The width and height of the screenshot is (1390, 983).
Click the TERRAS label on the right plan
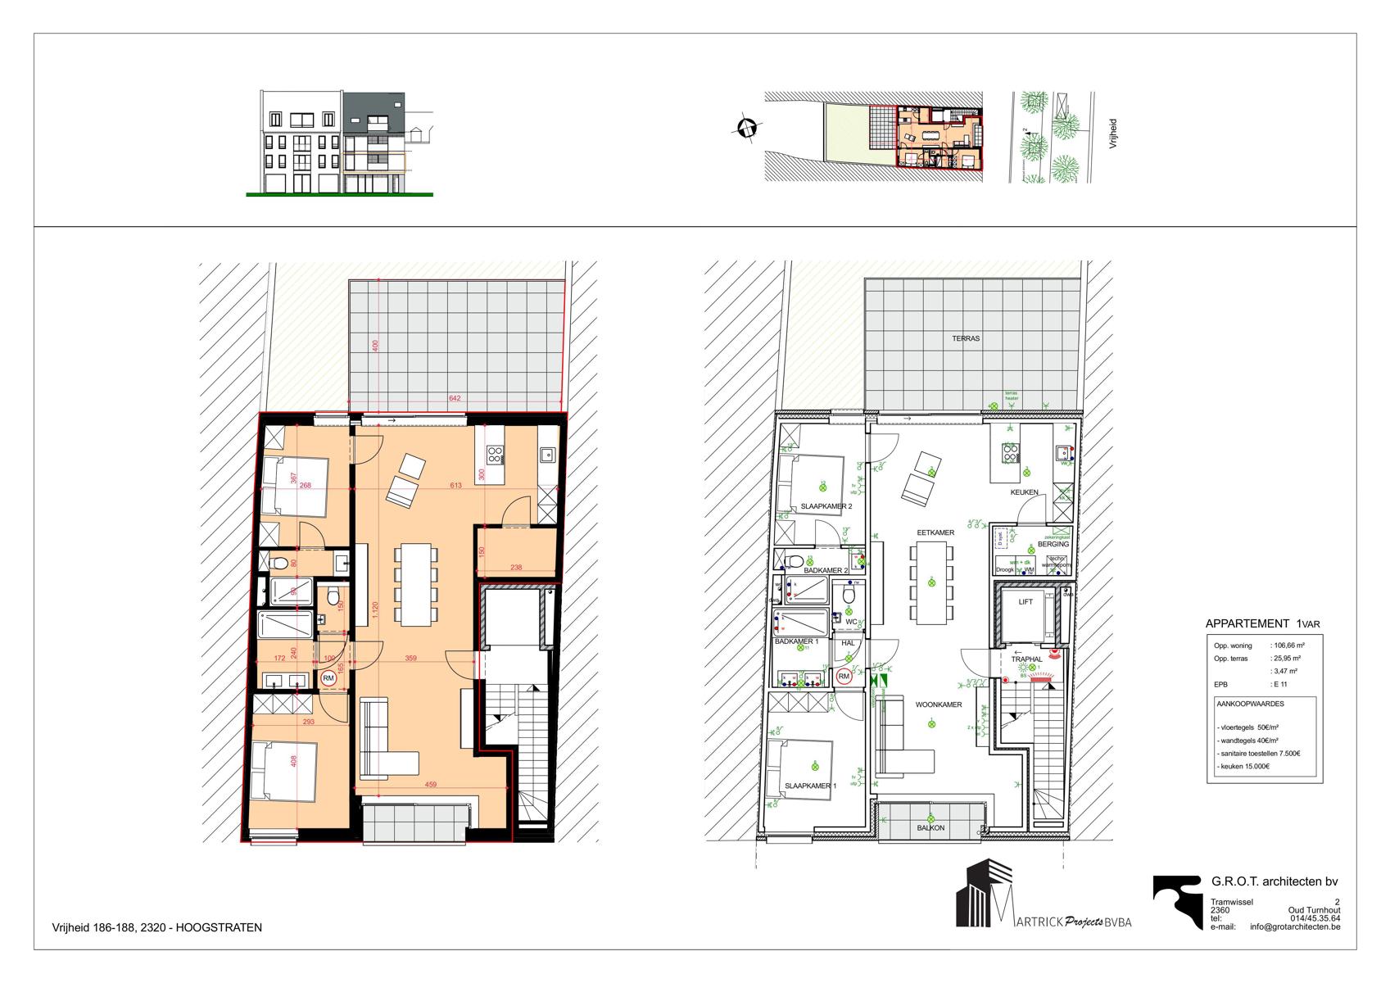point(966,337)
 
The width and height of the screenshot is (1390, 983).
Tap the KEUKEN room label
point(1024,492)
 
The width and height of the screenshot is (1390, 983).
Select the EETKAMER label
point(935,532)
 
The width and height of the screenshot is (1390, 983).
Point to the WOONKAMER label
point(939,704)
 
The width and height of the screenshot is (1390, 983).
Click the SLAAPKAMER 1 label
point(811,786)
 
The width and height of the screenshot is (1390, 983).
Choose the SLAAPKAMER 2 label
point(826,506)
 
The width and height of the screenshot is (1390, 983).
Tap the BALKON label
point(930,827)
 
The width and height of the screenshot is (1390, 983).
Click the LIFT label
point(1026,601)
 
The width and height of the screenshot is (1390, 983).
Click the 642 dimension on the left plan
point(455,399)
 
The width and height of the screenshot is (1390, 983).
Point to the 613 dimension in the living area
point(455,486)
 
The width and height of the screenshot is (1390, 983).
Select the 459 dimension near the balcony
point(431,785)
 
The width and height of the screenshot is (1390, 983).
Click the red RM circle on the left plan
point(328,677)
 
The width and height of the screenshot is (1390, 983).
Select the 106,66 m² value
point(1288,646)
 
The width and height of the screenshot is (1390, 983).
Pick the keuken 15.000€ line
point(1245,766)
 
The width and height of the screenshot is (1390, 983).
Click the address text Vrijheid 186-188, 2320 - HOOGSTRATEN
point(156,927)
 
